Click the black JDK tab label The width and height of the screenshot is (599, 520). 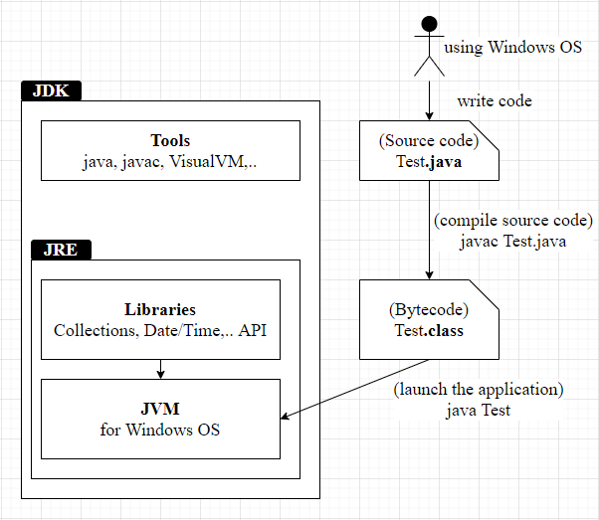click(x=50, y=90)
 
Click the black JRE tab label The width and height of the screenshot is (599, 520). click(x=62, y=250)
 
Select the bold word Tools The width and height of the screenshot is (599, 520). click(x=170, y=141)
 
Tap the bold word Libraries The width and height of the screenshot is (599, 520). click(x=160, y=309)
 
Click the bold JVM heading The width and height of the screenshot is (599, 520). click(x=160, y=410)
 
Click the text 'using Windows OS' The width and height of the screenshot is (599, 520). click(x=512, y=47)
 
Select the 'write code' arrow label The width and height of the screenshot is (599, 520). click(x=495, y=100)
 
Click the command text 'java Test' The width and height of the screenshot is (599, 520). click(x=479, y=409)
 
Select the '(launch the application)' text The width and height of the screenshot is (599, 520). click(x=478, y=389)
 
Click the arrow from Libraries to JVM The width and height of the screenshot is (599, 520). click(x=160, y=369)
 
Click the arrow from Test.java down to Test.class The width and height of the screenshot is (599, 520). click(x=429, y=229)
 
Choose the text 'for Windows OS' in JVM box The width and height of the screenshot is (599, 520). click(x=160, y=430)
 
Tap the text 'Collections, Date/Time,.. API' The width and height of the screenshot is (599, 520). click(x=160, y=329)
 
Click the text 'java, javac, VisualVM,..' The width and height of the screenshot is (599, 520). click(x=170, y=161)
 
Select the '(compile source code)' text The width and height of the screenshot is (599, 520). click(x=513, y=220)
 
